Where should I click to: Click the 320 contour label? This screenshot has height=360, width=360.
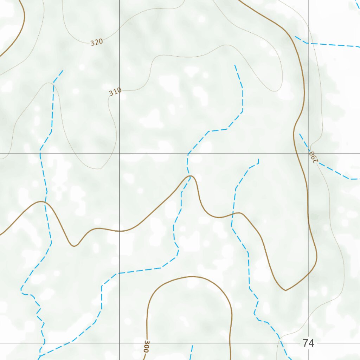97,42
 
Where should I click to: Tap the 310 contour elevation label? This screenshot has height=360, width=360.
115,92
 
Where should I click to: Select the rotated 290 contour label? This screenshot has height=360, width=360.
313,157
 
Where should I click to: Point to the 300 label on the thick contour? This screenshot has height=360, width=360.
147,347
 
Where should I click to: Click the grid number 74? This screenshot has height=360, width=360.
308,343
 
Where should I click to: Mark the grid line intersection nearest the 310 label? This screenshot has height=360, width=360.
119,154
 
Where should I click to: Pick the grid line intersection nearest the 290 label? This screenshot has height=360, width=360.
309,154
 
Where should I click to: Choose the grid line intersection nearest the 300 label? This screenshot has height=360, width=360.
119,343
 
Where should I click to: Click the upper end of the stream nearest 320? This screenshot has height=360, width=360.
63,70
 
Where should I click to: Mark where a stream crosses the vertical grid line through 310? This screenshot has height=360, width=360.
119,273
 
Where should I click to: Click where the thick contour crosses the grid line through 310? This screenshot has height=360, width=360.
119,231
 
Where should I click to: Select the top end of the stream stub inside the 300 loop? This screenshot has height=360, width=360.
192,345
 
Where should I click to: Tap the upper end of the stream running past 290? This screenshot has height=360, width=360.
300,134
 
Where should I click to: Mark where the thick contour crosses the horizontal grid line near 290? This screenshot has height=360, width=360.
297,154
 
